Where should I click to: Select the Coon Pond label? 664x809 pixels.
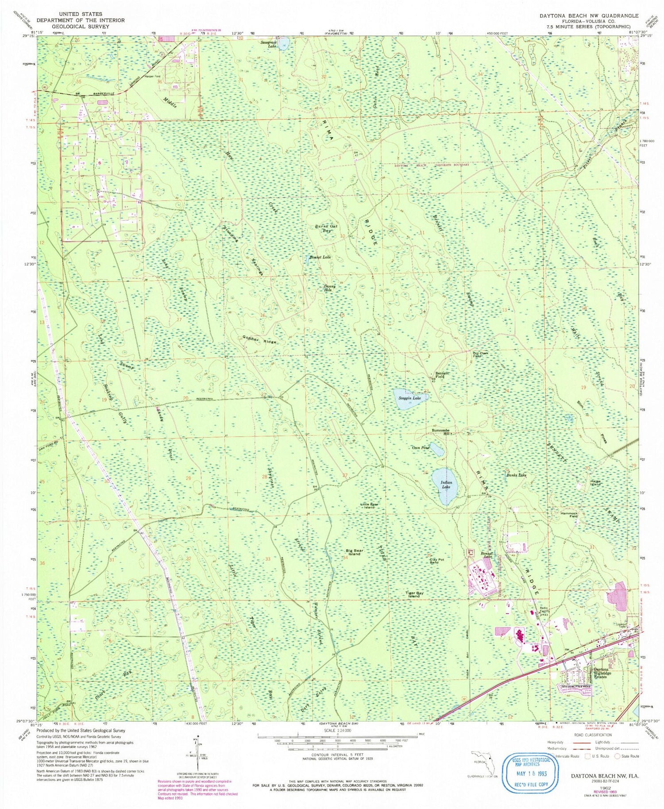421,447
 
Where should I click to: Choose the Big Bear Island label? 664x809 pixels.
355,553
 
